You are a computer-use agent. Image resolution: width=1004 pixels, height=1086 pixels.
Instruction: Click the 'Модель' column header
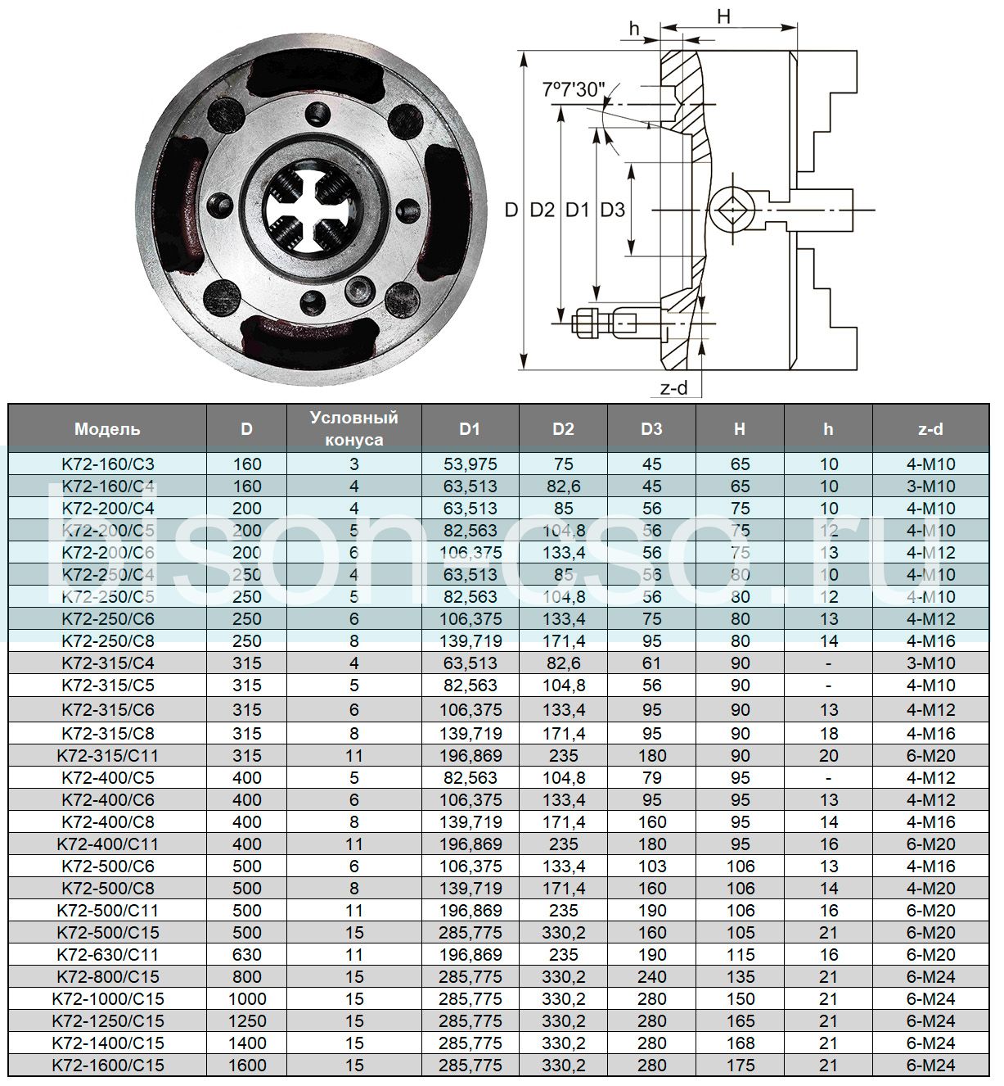[x=107, y=428]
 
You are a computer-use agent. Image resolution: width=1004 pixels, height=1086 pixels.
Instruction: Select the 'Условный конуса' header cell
[x=353, y=428]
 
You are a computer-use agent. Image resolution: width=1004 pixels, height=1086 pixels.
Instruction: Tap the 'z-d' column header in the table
[x=930, y=428]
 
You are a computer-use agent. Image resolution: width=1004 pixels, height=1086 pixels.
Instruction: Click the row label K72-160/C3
[x=107, y=464]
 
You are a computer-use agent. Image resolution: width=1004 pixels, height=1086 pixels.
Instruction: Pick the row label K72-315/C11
[x=107, y=755]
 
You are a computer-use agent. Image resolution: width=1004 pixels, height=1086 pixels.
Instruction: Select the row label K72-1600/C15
[x=107, y=1065]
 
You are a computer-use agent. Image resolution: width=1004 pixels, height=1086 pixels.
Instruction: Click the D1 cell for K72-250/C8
[x=470, y=640]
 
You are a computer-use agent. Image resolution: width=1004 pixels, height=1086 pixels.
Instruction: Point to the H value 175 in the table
[x=740, y=1065]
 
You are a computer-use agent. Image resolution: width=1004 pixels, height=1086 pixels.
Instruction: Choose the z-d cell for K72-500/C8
[x=930, y=888]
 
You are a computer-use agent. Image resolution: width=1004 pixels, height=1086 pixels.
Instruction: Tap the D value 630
[x=246, y=954]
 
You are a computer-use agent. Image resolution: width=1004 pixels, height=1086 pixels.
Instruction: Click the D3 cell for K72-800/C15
[x=651, y=976]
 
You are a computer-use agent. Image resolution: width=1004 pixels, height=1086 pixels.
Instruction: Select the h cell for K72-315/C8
[x=828, y=733]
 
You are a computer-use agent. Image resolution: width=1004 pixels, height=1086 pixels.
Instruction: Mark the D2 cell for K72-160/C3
[x=563, y=464]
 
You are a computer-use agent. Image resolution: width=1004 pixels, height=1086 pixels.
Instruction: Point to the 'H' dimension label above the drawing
[x=723, y=16]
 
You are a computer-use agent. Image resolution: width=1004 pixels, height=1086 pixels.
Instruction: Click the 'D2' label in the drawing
[x=542, y=210]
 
